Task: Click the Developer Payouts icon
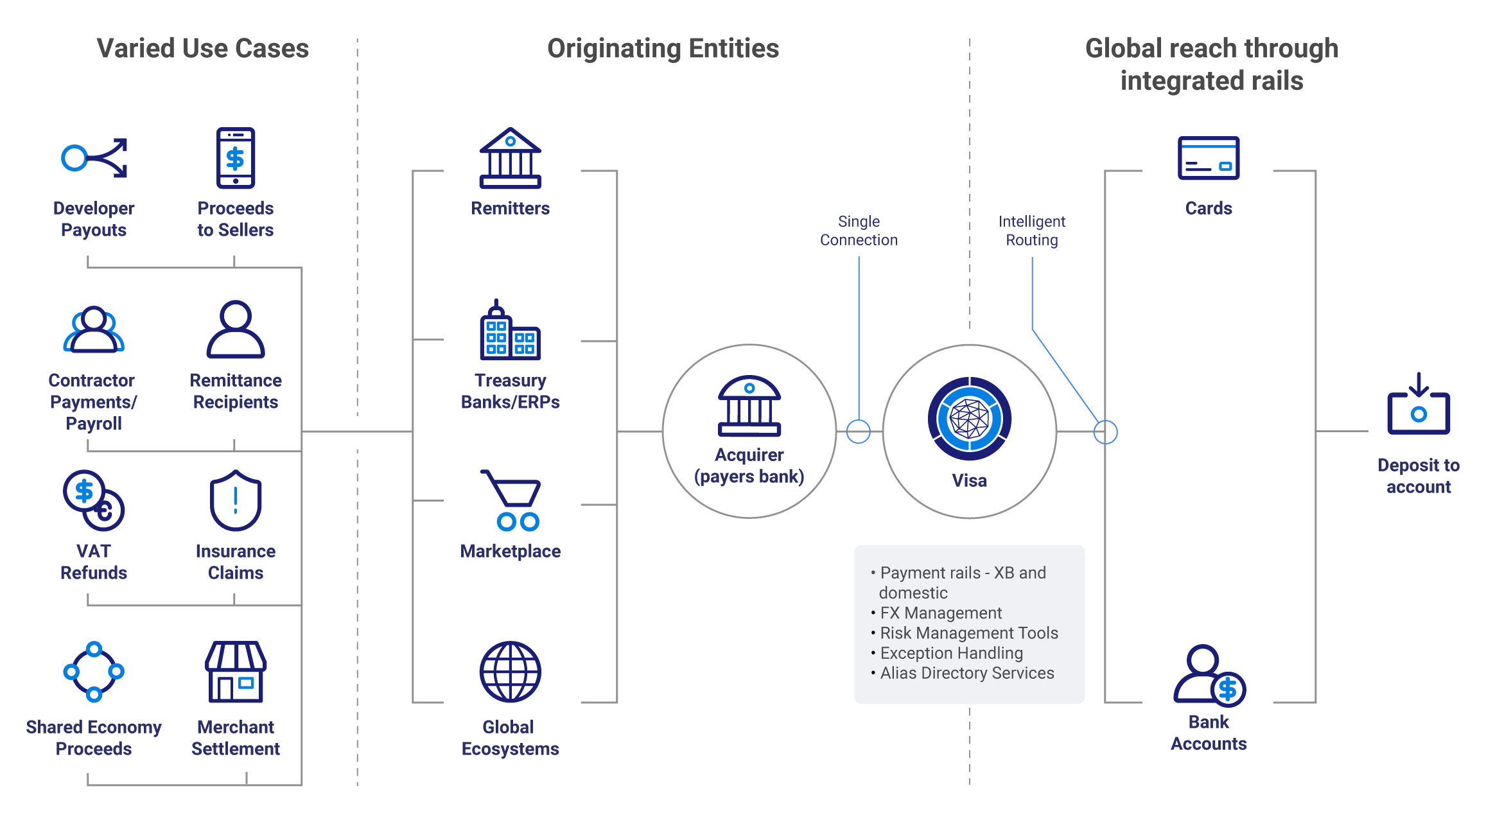tap(94, 158)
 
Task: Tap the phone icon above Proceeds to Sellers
tap(236, 158)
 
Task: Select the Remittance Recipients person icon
tap(236, 329)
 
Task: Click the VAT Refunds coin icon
tap(94, 501)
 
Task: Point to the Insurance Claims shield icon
tap(236, 501)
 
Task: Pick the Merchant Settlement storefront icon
tap(236, 672)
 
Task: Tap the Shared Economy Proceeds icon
tap(94, 672)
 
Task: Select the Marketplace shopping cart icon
tap(512, 501)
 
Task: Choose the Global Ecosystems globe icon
tap(511, 672)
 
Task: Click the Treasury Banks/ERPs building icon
tap(511, 330)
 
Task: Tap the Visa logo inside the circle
tap(970, 419)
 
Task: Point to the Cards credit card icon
tap(1209, 158)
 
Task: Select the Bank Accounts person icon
tap(1209, 674)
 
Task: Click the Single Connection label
tap(859, 231)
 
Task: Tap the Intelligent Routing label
tap(1032, 231)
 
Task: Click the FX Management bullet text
tap(941, 613)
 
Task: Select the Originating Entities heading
tap(663, 49)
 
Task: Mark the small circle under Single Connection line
tap(859, 432)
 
